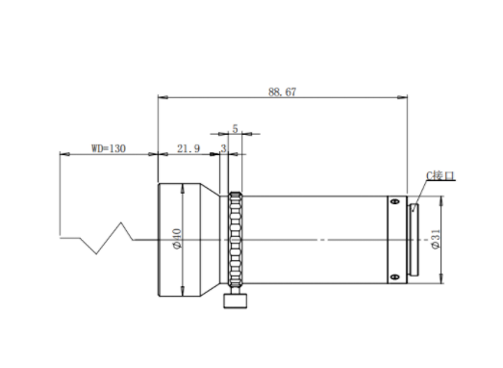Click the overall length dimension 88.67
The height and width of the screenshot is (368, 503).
[283, 92]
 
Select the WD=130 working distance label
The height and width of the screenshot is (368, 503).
[109, 148]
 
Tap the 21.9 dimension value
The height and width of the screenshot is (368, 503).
[189, 148]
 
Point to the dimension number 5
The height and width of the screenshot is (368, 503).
[235, 129]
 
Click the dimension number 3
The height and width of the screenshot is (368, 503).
[223, 148]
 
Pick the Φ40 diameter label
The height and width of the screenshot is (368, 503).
[177, 239]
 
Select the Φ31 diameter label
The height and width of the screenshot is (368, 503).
[436, 239]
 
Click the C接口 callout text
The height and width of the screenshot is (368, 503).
[440, 175]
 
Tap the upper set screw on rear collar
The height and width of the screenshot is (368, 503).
[395, 201]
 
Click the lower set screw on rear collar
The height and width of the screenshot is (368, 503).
[395, 277]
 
